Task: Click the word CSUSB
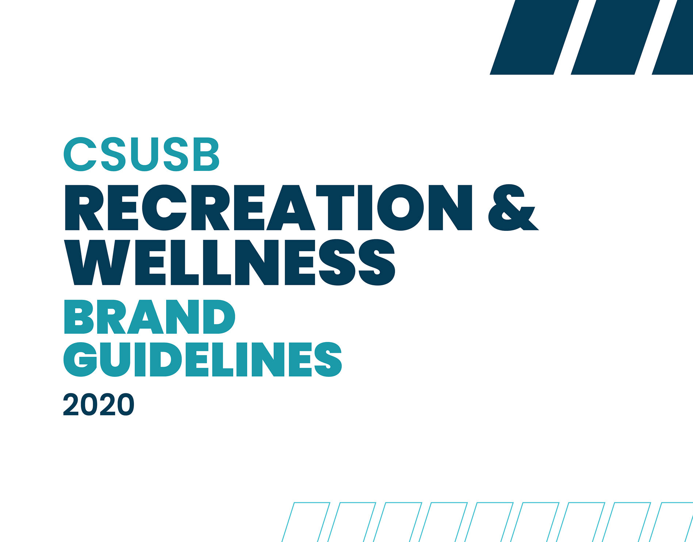pyautogui.click(x=142, y=154)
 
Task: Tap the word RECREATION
pyautogui.click(x=268, y=207)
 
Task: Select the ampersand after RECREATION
pyautogui.click(x=513, y=207)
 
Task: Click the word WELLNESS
pyautogui.click(x=230, y=262)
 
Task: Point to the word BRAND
pyautogui.click(x=150, y=317)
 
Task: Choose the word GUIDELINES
pyautogui.click(x=203, y=359)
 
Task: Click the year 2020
pyautogui.click(x=99, y=404)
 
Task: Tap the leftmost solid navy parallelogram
pyautogui.click(x=534, y=37)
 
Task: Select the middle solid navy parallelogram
pyautogui.click(x=615, y=37)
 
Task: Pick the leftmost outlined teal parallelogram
pyautogui.click(x=306, y=522)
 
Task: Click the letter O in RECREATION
pyautogui.click(x=401, y=207)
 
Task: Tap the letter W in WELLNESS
pyautogui.click(x=97, y=262)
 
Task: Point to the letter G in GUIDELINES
pyautogui.click(x=80, y=360)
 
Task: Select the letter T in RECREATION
pyautogui.click(x=335, y=207)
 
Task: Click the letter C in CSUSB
pyautogui.click(x=80, y=154)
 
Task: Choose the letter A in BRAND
pyautogui.click(x=145, y=317)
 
